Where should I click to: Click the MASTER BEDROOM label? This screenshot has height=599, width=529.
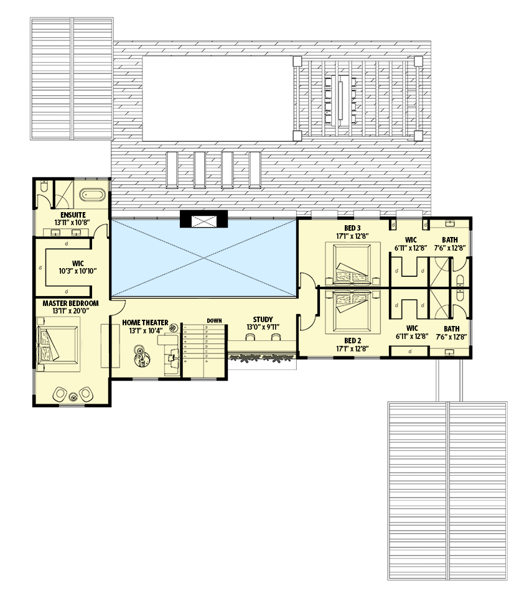[70, 303]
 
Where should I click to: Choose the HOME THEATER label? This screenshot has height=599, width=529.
[145, 323]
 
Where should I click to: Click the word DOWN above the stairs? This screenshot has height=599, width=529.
[215, 320]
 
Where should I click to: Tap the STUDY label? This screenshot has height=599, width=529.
[263, 320]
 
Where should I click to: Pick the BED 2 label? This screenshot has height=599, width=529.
[352, 340]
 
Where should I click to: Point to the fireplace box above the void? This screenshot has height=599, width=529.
[204, 220]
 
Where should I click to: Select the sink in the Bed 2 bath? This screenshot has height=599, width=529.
[449, 352]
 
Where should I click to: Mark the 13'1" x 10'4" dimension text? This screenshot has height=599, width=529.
[144, 331]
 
